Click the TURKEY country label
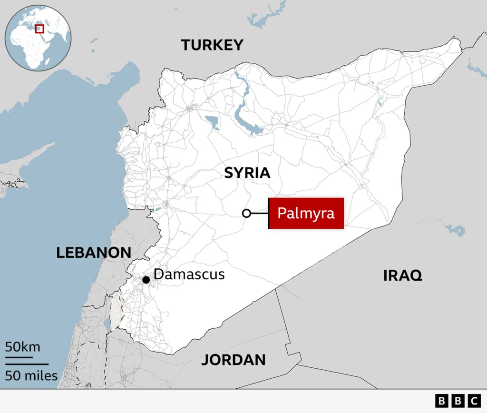click(x=212, y=45)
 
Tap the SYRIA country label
click(x=247, y=173)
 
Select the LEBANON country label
click(x=94, y=253)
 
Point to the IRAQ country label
click(x=403, y=275)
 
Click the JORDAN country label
click(x=233, y=360)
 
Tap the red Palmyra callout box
click(x=306, y=213)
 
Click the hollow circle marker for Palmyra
click(x=246, y=213)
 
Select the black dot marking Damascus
click(x=146, y=279)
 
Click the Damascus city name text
click(x=189, y=275)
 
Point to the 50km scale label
click(x=22, y=346)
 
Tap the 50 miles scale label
click(x=31, y=375)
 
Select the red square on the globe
click(x=39, y=29)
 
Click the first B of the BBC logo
click(x=442, y=401)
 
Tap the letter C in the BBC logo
click(x=474, y=401)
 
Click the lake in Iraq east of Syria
click(x=454, y=230)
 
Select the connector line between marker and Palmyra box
click(x=259, y=213)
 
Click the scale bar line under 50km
click(x=19, y=357)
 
